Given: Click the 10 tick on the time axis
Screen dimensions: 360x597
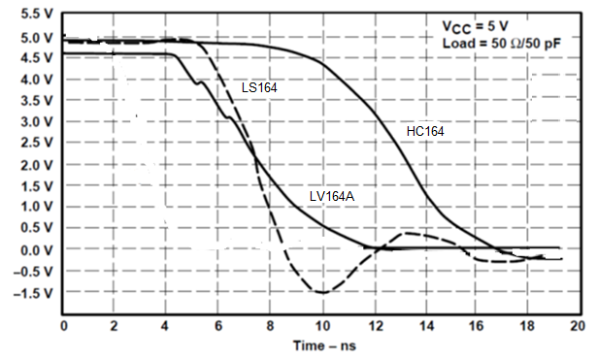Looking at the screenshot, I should pyautogui.click(x=321, y=325).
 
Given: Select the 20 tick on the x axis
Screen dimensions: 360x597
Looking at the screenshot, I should pyautogui.click(x=578, y=325).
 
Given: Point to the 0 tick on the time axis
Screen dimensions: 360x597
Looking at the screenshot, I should pyautogui.click(x=64, y=325).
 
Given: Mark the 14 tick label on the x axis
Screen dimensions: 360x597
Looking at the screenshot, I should pyautogui.click(x=424, y=325).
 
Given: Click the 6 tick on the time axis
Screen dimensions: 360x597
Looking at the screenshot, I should pyautogui.click(x=218, y=325).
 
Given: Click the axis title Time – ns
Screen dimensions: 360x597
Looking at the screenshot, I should pyautogui.click(x=321, y=346).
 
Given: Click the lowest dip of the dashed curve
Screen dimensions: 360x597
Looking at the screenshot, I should pyautogui.click(x=321, y=292).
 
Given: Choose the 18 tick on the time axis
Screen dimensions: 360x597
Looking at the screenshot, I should pyautogui.click(x=527, y=325).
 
